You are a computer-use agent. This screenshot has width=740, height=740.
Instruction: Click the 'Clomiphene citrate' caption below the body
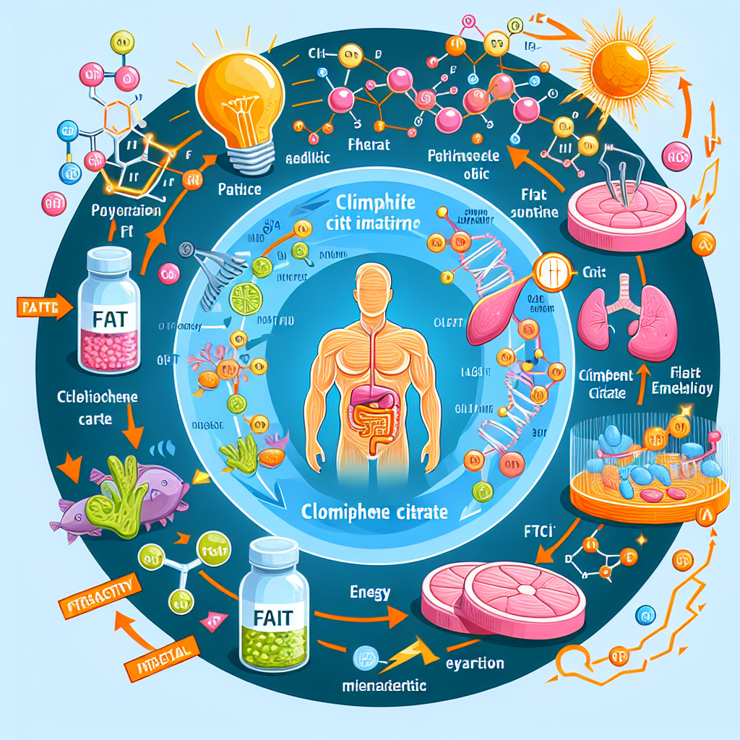click(x=374, y=512)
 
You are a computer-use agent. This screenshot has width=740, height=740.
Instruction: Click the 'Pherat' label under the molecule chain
click(x=369, y=145)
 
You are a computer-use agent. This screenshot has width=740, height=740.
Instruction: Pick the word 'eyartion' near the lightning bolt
click(x=475, y=663)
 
